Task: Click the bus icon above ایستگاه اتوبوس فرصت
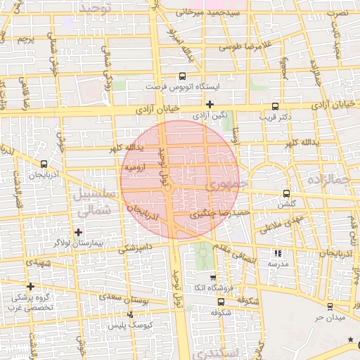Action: tap(182, 75)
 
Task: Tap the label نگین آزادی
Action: tap(210, 114)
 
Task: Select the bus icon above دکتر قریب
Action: tap(274, 106)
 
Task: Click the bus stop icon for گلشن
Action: tap(285, 193)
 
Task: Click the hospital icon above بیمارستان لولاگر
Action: tap(78, 231)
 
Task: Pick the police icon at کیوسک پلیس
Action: tap(130, 314)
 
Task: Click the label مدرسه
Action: tap(278, 263)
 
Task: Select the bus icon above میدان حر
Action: tap(330, 306)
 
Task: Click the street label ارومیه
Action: tap(135, 169)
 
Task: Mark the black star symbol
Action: tap(351, 340)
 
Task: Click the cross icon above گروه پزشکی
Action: tap(30, 286)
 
